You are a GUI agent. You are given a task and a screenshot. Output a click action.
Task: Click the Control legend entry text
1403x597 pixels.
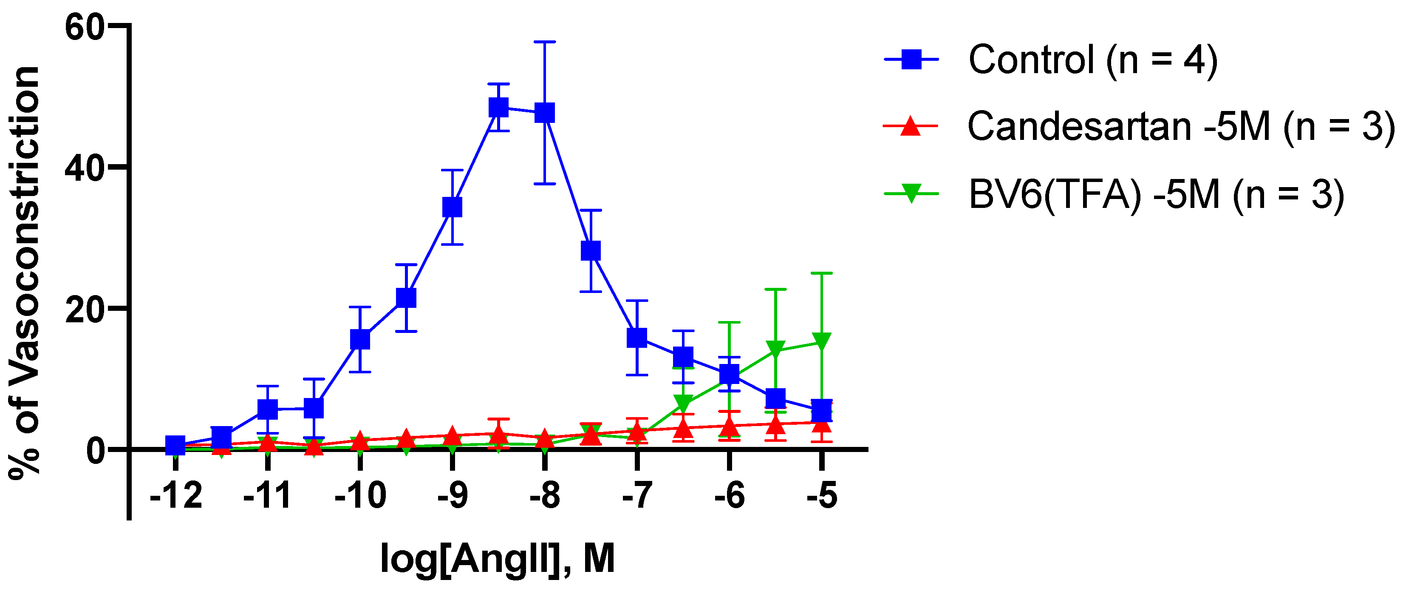(1092, 60)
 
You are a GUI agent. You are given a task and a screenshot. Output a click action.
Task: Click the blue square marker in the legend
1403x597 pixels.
(912, 60)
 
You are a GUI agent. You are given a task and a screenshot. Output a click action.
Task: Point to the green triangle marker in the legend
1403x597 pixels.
(911, 193)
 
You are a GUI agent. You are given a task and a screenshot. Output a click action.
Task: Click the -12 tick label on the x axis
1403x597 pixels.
(176, 496)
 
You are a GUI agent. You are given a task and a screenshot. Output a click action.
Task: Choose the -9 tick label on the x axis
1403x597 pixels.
(453, 496)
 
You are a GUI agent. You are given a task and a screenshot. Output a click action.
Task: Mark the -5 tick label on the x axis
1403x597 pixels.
(822, 496)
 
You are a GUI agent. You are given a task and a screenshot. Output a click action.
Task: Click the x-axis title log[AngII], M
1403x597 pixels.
(497, 559)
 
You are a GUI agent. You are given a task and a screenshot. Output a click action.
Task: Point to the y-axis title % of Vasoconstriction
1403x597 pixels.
(25, 273)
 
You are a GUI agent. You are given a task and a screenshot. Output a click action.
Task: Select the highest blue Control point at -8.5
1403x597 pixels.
(498, 108)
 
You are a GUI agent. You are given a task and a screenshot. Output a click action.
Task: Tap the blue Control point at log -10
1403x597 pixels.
(360, 340)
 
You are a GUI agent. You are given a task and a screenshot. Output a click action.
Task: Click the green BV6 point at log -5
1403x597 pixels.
(822, 341)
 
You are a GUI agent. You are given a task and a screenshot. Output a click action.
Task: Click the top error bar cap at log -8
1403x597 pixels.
(545, 41)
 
